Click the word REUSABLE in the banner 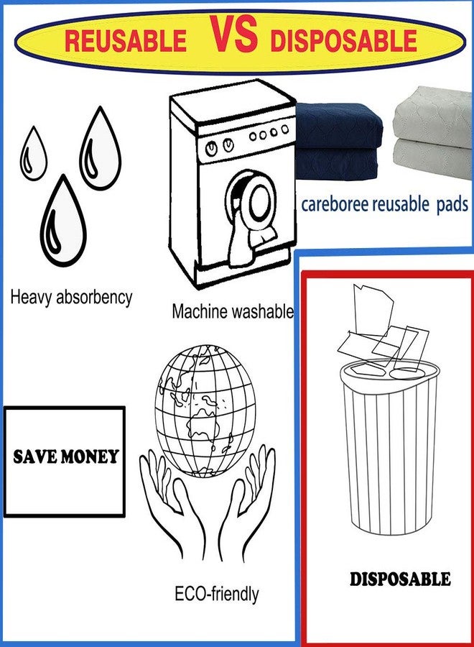click(x=126, y=41)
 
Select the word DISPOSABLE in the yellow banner click(x=343, y=41)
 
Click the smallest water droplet click(x=33, y=153)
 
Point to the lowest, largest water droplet click(x=63, y=221)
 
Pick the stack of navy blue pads click(x=338, y=141)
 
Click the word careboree click(x=335, y=204)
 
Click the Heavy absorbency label click(x=71, y=297)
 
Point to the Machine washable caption click(x=233, y=311)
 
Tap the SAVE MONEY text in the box click(x=65, y=456)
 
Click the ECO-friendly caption click(x=217, y=595)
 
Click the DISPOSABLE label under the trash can click(x=400, y=579)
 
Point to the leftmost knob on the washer click(x=212, y=148)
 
